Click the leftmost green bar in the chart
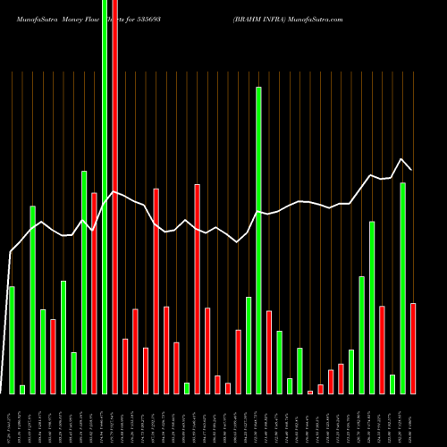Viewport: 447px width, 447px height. [12, 340]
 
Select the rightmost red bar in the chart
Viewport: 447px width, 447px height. [413, 349]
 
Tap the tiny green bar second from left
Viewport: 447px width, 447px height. [22, 389]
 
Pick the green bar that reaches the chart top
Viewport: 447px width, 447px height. [105, 197]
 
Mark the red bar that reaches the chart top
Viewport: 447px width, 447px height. [115, 197]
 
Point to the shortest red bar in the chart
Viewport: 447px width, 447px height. [310, 392]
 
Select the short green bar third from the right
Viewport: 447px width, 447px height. [392, 384]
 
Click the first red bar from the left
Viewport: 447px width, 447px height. [54, 356]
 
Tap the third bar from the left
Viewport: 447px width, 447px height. [33, 299]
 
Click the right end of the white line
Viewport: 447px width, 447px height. [411, 169]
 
